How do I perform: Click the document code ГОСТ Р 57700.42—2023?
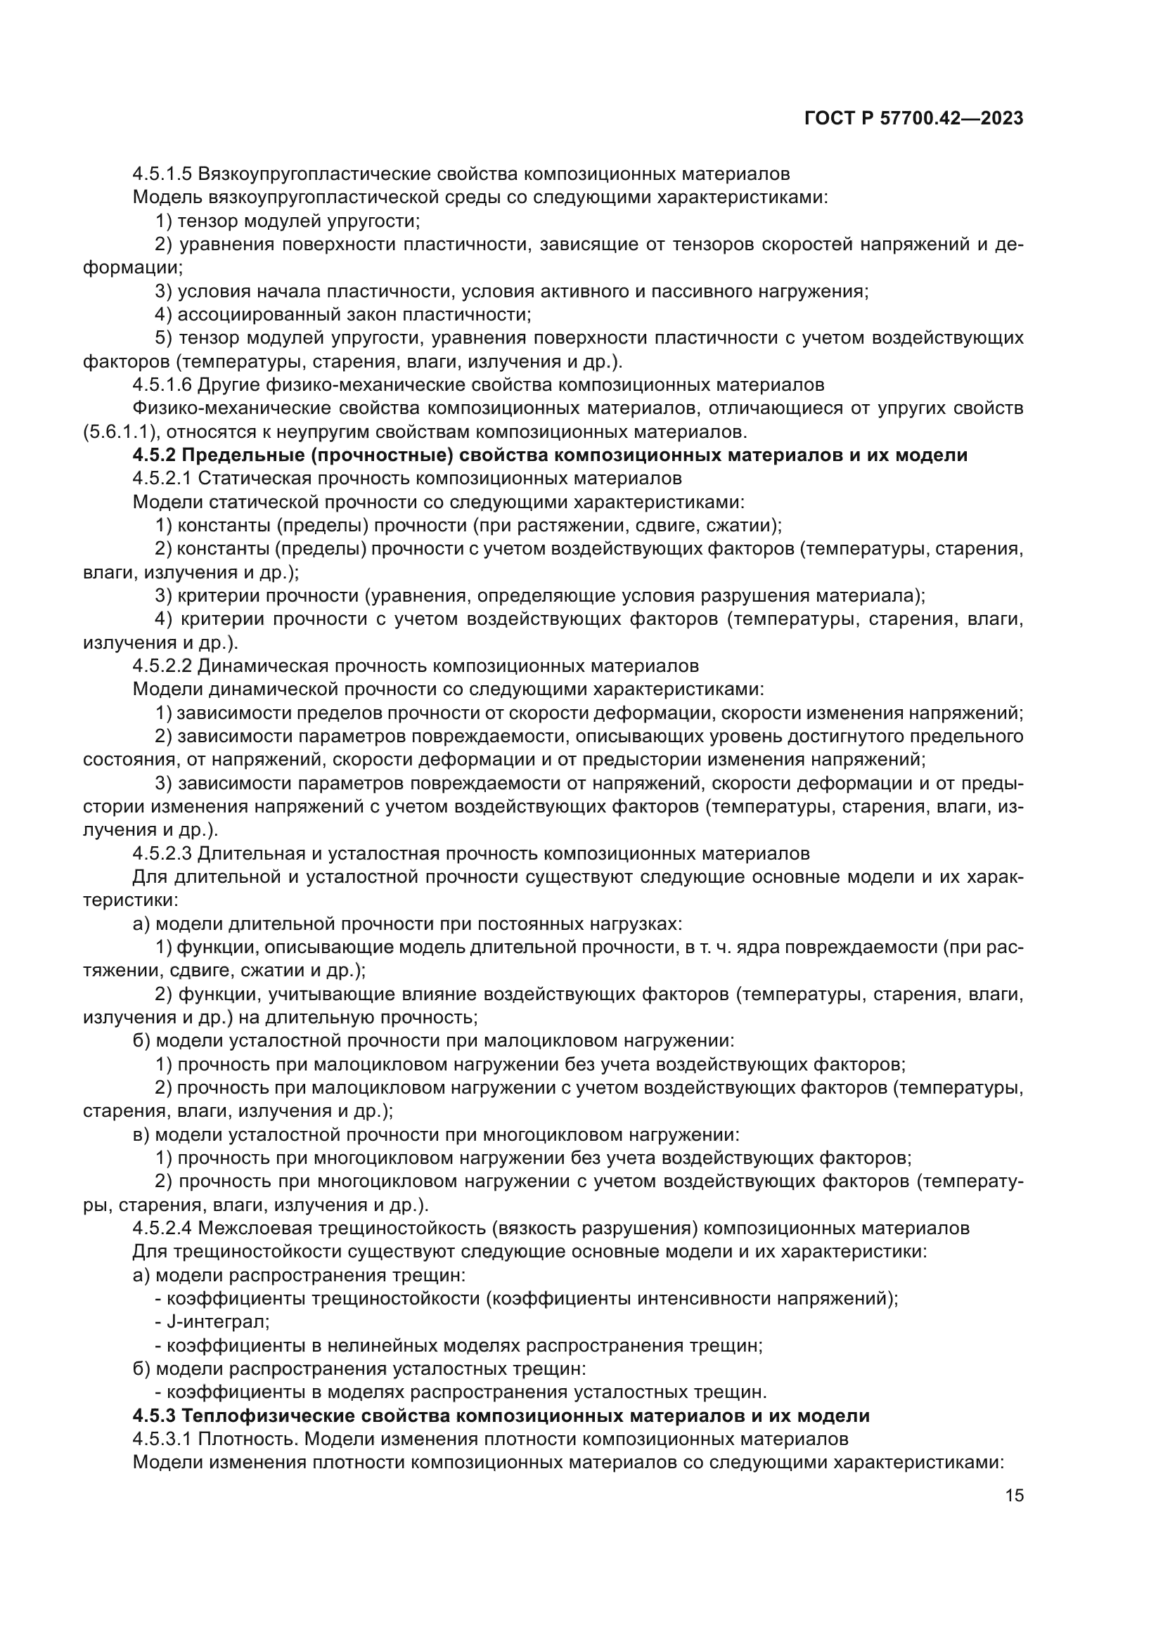pyautogui.click(x=914, y=119)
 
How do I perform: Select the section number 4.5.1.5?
pyautogui.click(x=162, y=174)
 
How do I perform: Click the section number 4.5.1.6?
pyautogui.click(x=162, y=385)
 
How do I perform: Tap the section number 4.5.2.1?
pyautogui.click(x=162, y=479)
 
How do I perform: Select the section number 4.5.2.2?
pyautogui.click(x=162, y=666)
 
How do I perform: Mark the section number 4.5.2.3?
pyautogui.click(x=162, y=853)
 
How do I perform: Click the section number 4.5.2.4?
pyautogui.click(x=162, y=1229)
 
